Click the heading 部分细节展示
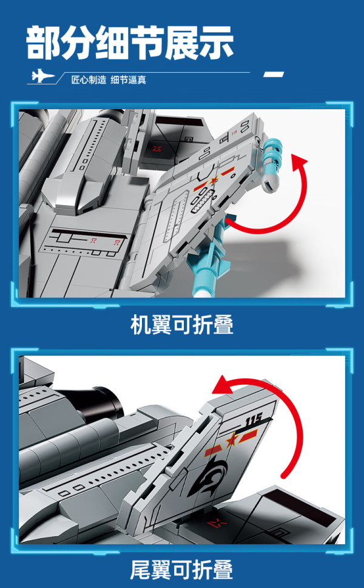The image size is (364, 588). [x=130, y=42]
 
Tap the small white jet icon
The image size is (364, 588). [x=42, y=76]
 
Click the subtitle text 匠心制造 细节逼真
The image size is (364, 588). [x=109, y=80]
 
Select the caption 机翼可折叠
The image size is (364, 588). [x=182, y=325]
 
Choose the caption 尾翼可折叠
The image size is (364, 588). [x=182, y=570]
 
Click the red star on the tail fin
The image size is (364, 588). [x=231, y=441]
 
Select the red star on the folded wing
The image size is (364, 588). [x=214, y=181]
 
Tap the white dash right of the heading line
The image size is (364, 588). [x=273, y=74]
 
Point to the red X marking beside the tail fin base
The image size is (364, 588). [x=217, y=522]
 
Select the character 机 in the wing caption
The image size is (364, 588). [x=140, y=325]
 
